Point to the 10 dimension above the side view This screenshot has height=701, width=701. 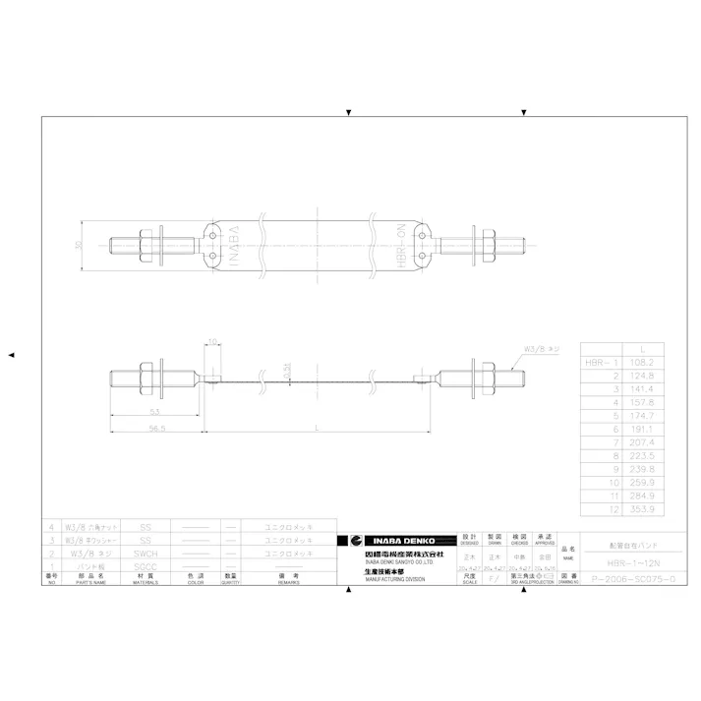pyautogui.click(x=213, y=342)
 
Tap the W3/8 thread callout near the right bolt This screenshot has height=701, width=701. pyautogui.click(x=541, y=349)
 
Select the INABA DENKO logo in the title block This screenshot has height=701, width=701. pyautogui.click(x=398, y=540)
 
